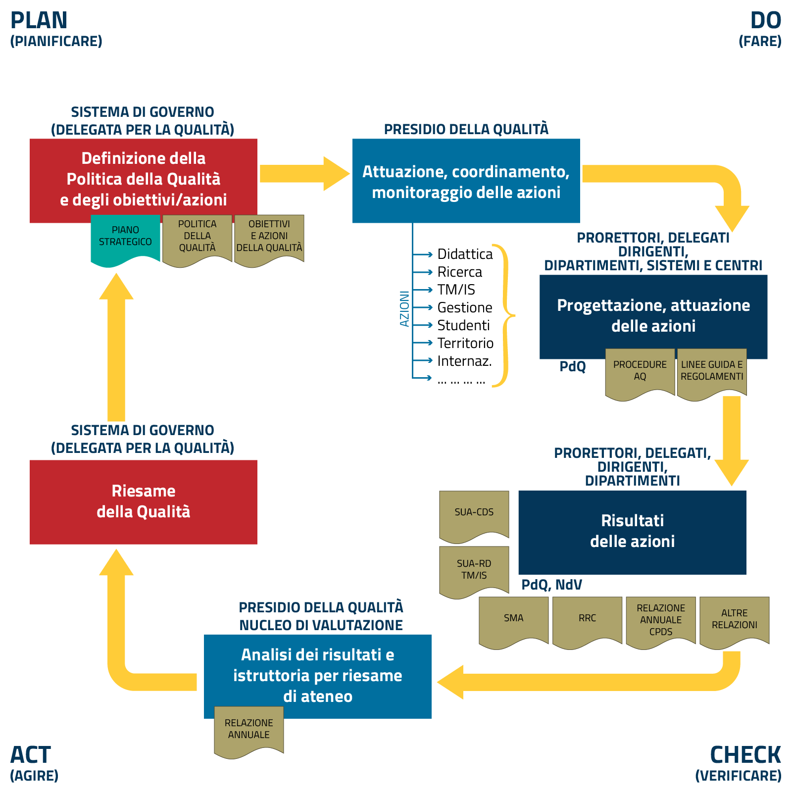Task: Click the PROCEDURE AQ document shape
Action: (640, 372)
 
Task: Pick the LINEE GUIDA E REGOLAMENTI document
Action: (712, 372)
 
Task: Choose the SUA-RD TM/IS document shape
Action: (474, 570)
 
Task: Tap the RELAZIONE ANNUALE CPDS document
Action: (661, 620)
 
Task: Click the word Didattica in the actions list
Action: (465, 254)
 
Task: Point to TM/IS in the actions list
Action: (456, 290)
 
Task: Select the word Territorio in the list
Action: (465, 344)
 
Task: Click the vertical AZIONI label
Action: (404, 309)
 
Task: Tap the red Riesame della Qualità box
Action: (144, 502)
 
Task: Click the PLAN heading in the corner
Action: (39, 21)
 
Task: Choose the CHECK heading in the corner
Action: (745, 755)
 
